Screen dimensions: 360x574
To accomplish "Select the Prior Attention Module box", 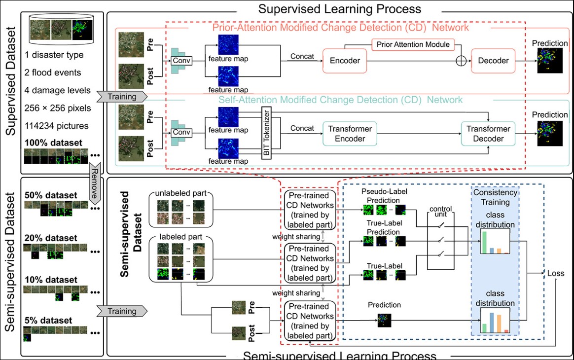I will [x=413, y=44].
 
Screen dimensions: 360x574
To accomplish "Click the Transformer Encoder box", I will [x=350, y=134].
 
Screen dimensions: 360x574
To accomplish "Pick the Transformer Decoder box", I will [x=489, y=134].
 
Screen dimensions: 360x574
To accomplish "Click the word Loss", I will [x=555, y=274].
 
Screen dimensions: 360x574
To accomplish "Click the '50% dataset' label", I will [x=51, y=195].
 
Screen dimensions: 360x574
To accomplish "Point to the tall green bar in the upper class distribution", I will [x=485, y=242].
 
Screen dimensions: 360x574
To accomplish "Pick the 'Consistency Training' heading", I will [x=495, y=196].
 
